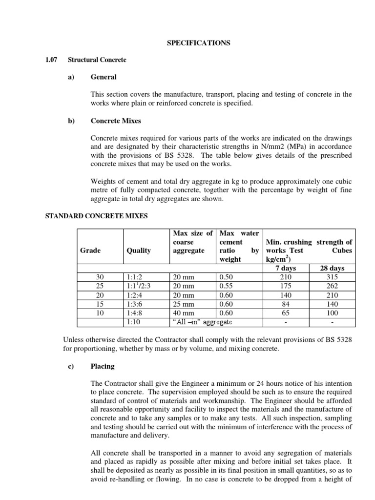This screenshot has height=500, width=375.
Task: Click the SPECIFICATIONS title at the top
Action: pyautogui.click(x=198, y=43)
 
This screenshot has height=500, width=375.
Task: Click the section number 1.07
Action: pyautogui.click(x=51, y=60)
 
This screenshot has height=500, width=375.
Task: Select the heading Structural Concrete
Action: pyautogui.click(x=97, y=60)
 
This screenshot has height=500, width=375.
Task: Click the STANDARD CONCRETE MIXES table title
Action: pyautogui.click(x=96, y=215)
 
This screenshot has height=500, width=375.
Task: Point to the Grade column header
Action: pyautogui.click(x=90, y=250)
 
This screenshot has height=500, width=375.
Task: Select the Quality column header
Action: pyautogui.click(x=139, y=250)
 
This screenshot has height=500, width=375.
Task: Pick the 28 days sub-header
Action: pyautogui.click(x=332, y=269)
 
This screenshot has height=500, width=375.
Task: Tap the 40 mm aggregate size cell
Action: pyautogui.click(x=184, y=313)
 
